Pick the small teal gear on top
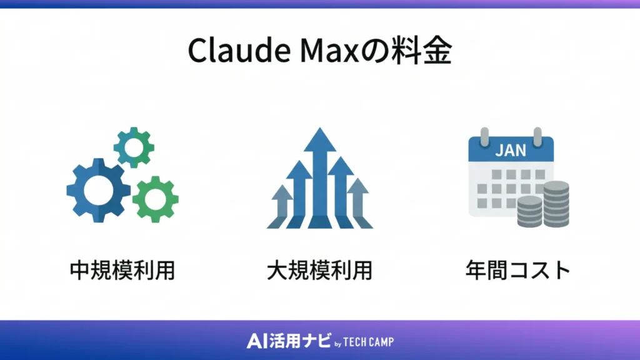point(134,147)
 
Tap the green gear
point(155,199)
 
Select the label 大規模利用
point(319,270)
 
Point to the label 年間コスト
point(518,270)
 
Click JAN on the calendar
point(511,151)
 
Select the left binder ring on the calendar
point(484,136)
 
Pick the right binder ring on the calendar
point(537,136)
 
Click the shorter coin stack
point(530,212)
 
